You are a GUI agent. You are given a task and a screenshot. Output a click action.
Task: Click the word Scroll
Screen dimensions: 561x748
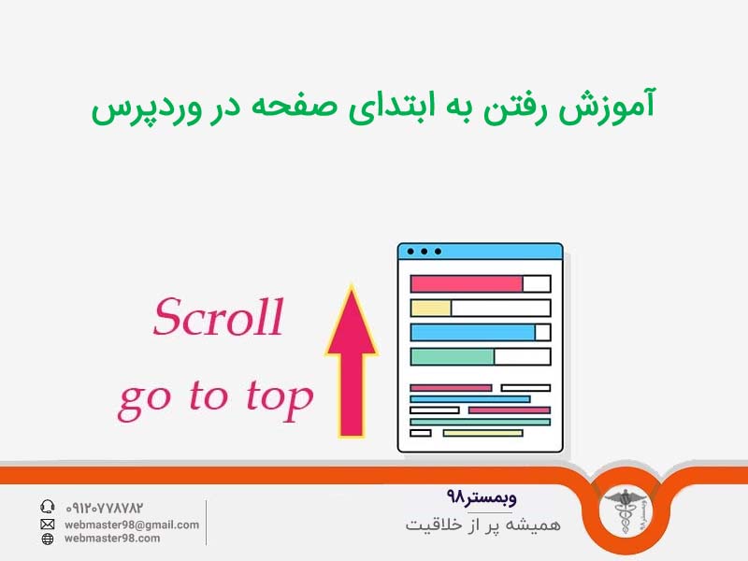tap(218, 318)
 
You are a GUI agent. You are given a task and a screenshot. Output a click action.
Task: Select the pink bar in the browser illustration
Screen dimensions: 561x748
tap(466, 283)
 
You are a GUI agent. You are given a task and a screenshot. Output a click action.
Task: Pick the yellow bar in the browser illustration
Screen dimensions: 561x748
tap(431, 308)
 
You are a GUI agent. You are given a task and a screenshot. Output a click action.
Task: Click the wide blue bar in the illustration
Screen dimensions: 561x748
tap(472, 332)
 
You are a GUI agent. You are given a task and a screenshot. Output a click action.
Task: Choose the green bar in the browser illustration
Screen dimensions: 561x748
tap(452, 356)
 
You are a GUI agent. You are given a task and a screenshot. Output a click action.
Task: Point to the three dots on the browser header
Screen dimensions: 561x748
tap(424, 252)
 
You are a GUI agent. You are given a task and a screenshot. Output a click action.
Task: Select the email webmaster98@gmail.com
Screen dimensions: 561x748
tap(132, 525)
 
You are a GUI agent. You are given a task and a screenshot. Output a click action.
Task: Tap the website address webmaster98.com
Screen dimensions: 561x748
tap(112, 539)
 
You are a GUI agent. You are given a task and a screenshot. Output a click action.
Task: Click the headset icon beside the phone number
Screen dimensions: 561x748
tap(48, 507)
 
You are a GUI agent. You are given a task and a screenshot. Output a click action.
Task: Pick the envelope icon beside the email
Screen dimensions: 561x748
tap(48, 525)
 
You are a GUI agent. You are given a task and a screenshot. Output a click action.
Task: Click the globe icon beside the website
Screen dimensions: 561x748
tap(48, 539)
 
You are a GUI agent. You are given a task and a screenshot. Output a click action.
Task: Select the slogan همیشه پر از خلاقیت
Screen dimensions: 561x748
tap(483, 525)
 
